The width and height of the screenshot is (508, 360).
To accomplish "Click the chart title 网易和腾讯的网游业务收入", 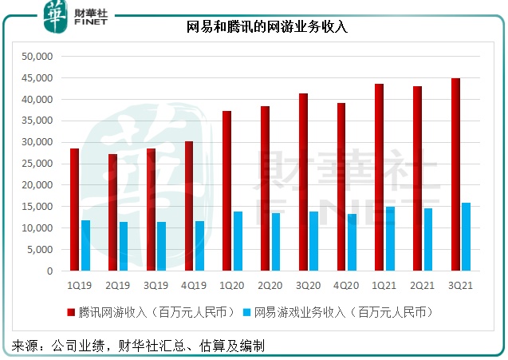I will click(x=267, y=27).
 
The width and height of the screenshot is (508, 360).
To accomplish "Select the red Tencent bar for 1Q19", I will click(x=74, y=209).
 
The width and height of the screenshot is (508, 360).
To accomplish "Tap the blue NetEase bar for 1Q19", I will click(x=85, y=245).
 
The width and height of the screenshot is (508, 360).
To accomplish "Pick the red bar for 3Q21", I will click(x=455, y=174).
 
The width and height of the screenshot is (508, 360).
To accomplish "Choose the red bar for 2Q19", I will click(x=112, y=212).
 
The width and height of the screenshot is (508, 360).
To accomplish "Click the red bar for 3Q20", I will click(x=302, y=182).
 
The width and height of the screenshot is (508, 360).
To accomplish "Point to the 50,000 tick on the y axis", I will click(x=37, y=57).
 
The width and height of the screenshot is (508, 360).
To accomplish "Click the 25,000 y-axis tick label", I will click(x=37, y=164).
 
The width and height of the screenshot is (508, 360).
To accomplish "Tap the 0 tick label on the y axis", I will click(x=49, y=271).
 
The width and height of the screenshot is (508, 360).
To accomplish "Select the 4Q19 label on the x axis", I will click(x=194, y=284).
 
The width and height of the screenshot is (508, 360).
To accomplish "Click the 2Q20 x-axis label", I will click(x=270, y=284).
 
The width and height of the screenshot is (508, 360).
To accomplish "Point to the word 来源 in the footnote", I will click(x=23, y=346).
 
